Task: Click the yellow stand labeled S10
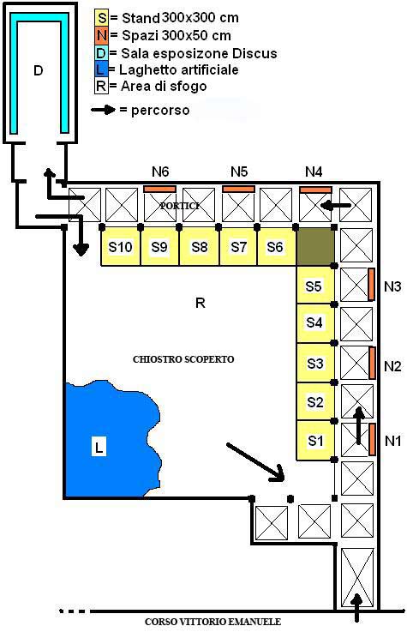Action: pos(120,247)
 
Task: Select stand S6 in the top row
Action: pos(276,247)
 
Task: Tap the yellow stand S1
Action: pos(315,441)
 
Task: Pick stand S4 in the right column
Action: pos(315,322)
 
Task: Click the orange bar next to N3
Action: pos(371,284)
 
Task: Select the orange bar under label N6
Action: pos(160,189)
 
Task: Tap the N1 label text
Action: pos(392,441)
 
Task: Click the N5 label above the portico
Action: pos(239,172)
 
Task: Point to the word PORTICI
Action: pos(180,206)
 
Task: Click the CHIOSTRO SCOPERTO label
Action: pos(183,359)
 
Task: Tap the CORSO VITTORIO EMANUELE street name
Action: pos(213,622)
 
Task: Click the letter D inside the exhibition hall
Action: pos(39,70)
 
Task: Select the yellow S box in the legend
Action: pos(102,18)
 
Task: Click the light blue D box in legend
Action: pos(102,53)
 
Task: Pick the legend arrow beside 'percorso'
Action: pos(104,110)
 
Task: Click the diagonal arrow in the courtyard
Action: pos(256,462)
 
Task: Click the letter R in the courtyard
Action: pos(201,303)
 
